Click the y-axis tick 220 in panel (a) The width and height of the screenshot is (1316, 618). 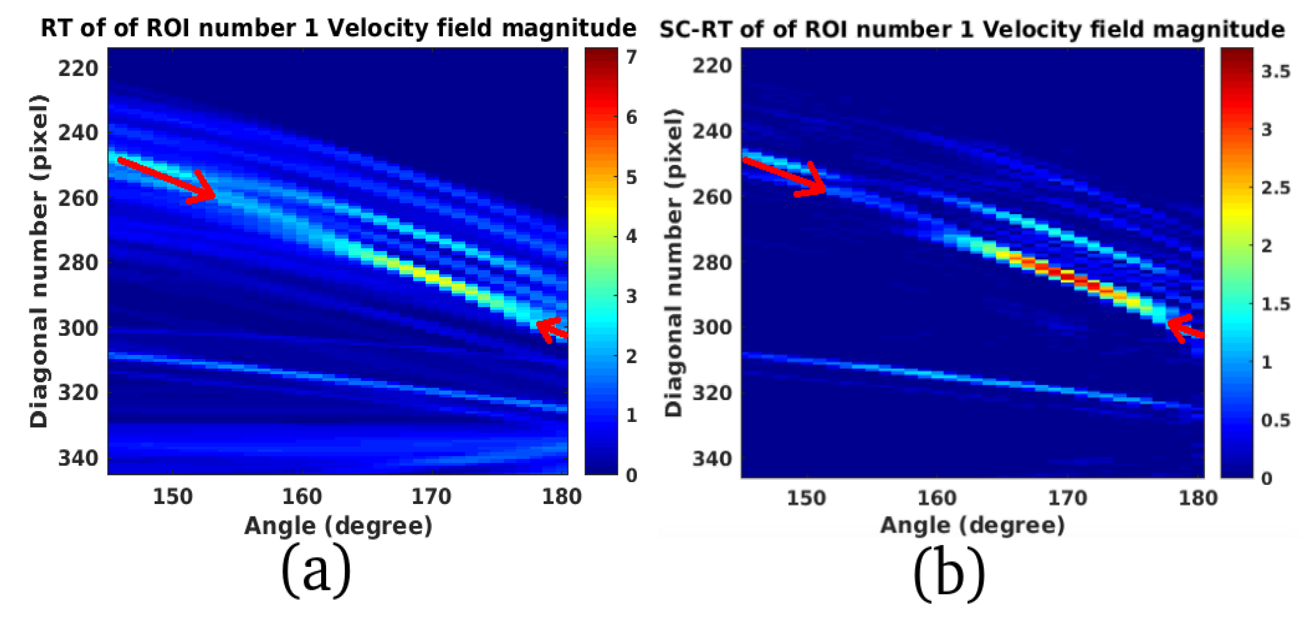[x=78, y=68]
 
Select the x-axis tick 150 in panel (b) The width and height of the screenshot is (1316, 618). [x=806, y=498]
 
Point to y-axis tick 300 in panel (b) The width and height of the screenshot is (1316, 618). [x=712, y=327]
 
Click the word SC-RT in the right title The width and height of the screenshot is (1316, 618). [x=696, y=29]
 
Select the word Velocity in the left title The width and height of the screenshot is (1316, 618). [x=378, y=28]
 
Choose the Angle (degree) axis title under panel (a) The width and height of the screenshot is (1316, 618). [x=338, y=526]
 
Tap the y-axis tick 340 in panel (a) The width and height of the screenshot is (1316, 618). [x=78, y=458]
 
